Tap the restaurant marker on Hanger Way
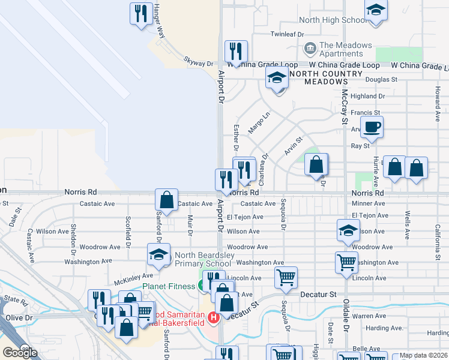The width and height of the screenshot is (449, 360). click(x=141, y=14)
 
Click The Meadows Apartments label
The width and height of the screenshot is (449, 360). click(x=345, y=49)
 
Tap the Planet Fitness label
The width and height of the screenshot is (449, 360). click(x=169, y=286)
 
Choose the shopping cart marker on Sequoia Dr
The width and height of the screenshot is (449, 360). click(x=286, y=277)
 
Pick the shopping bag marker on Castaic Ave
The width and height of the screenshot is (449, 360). click(x=166, y=200)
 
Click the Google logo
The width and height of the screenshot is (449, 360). click(x=20, y=353)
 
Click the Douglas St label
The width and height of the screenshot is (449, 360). click(x=382, y=79)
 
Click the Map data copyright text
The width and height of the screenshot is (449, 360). click(x=423, y=355)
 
